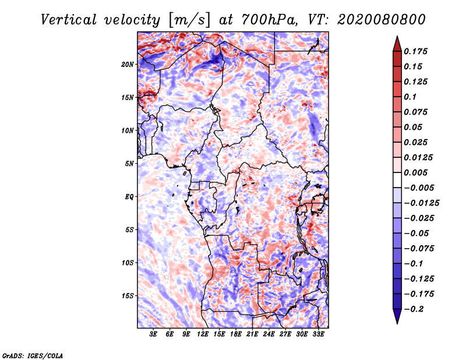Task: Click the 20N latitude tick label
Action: [128, 64]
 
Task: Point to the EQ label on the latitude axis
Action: [129, 196]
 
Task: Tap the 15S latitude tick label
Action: [128, 295]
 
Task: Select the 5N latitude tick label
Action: [129, 164]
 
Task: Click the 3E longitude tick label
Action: [154, 334]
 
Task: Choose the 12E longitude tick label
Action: [203, 334]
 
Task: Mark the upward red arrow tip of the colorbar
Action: [396, 39]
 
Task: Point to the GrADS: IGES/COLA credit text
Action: [33, 355]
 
